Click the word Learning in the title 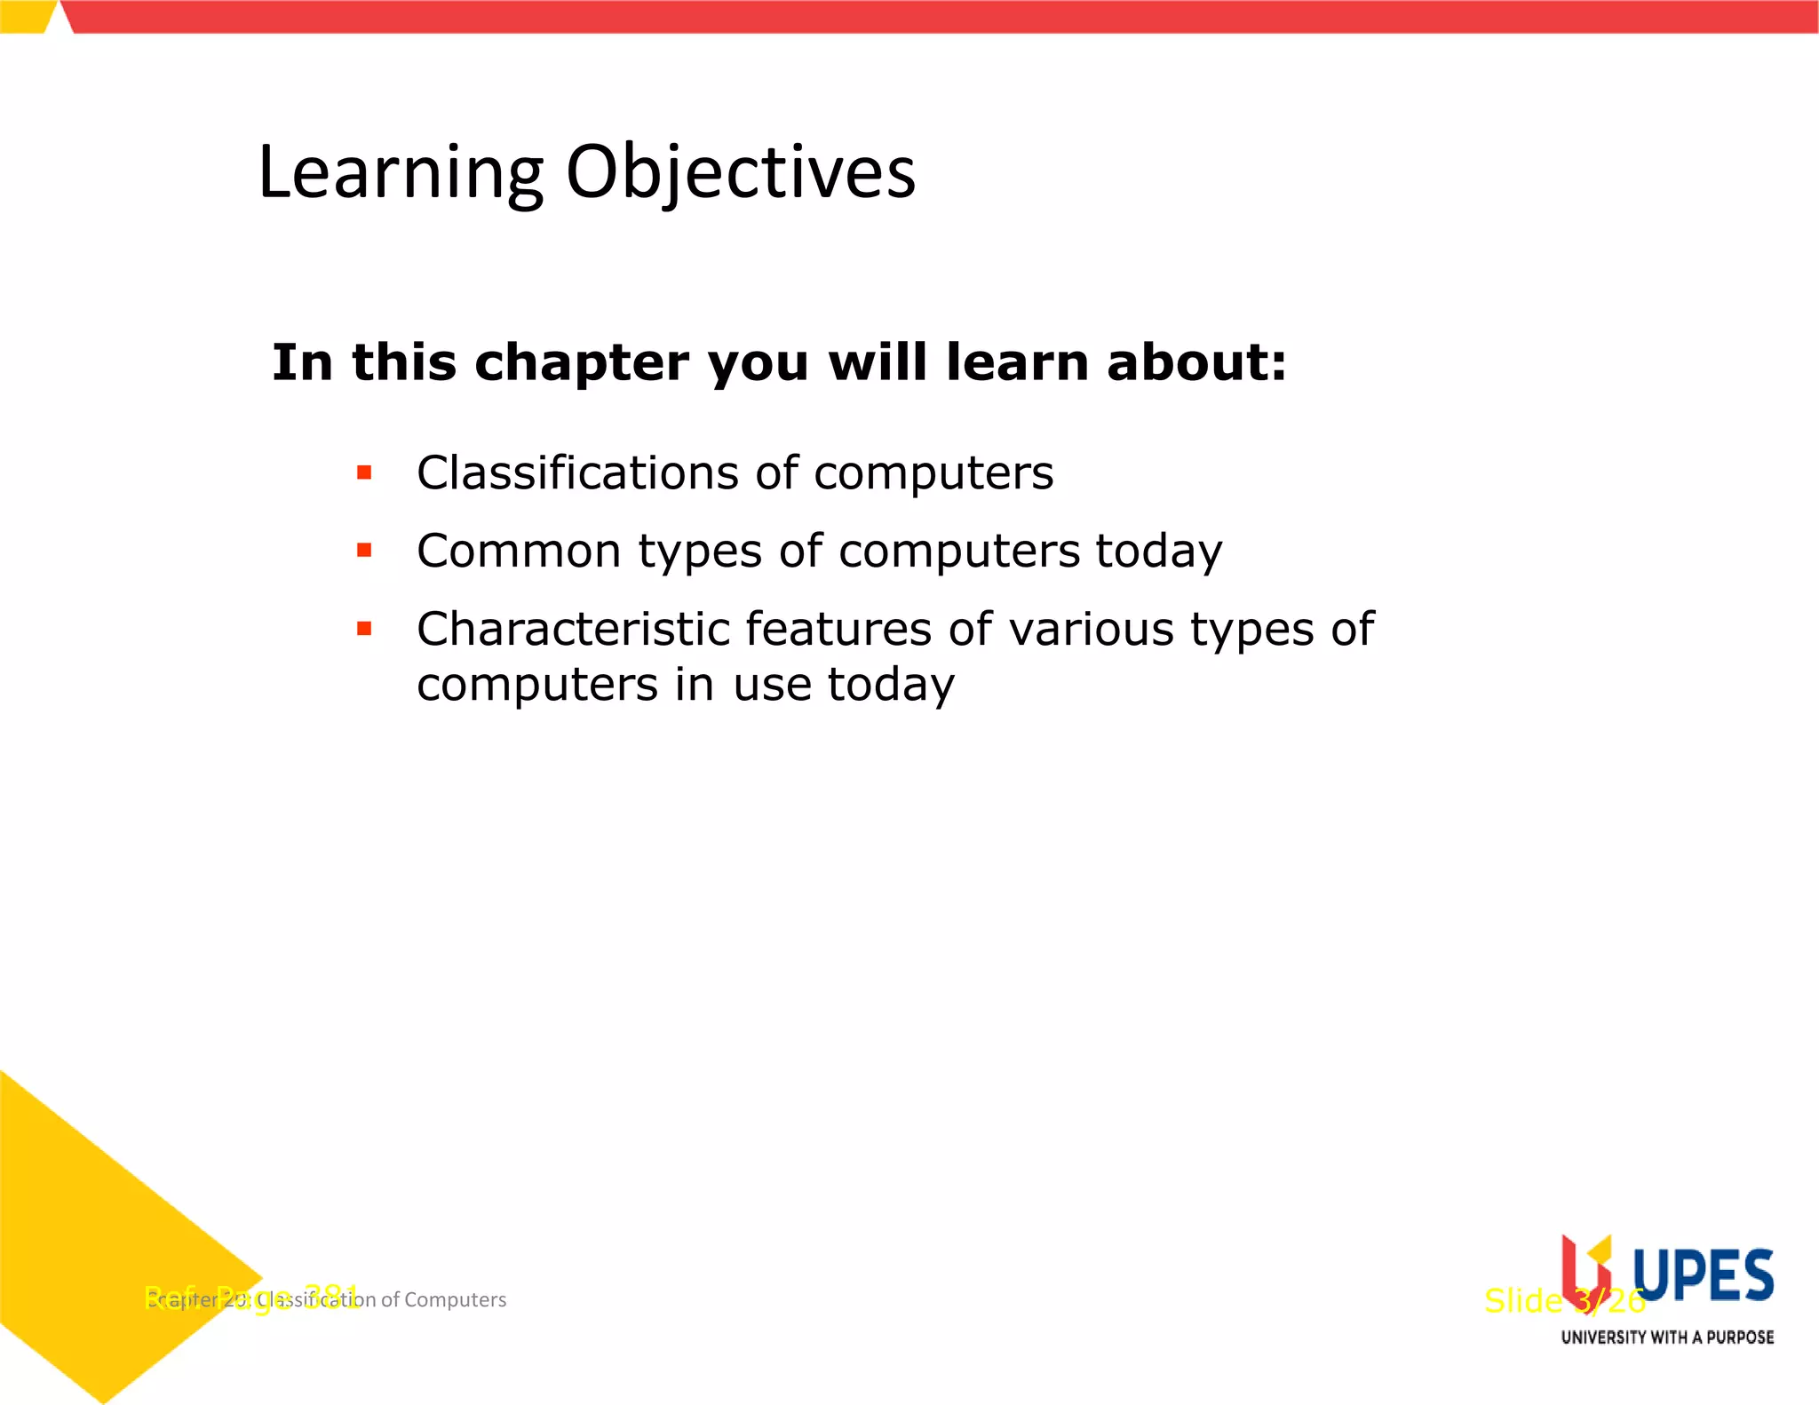pyautogui.click(x=400, y=173)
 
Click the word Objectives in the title pyautogui.click(x=741, y=173)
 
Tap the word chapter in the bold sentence pyautogui.click(x=581, y=364)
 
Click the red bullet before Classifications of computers pyautogui.click(x=364, y=472)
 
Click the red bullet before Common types pyautogui.click(x=364, y=551)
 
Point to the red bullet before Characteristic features pyautogui.click(x=364, y=629)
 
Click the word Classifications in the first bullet pyautogui.click(x=577, y=472)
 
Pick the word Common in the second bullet pyautogui.click(x=519, y=551)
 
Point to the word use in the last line pyautogui.click(x=772, y=685)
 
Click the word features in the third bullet pyautogui.click(x=838, y=629)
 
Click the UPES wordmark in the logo pyautogui.click(x=1703, y=1275)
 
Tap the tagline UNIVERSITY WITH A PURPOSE pyautogui.click(x=1667, y=1338)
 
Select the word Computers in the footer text pyautogui.click(x=455, y=1300)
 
